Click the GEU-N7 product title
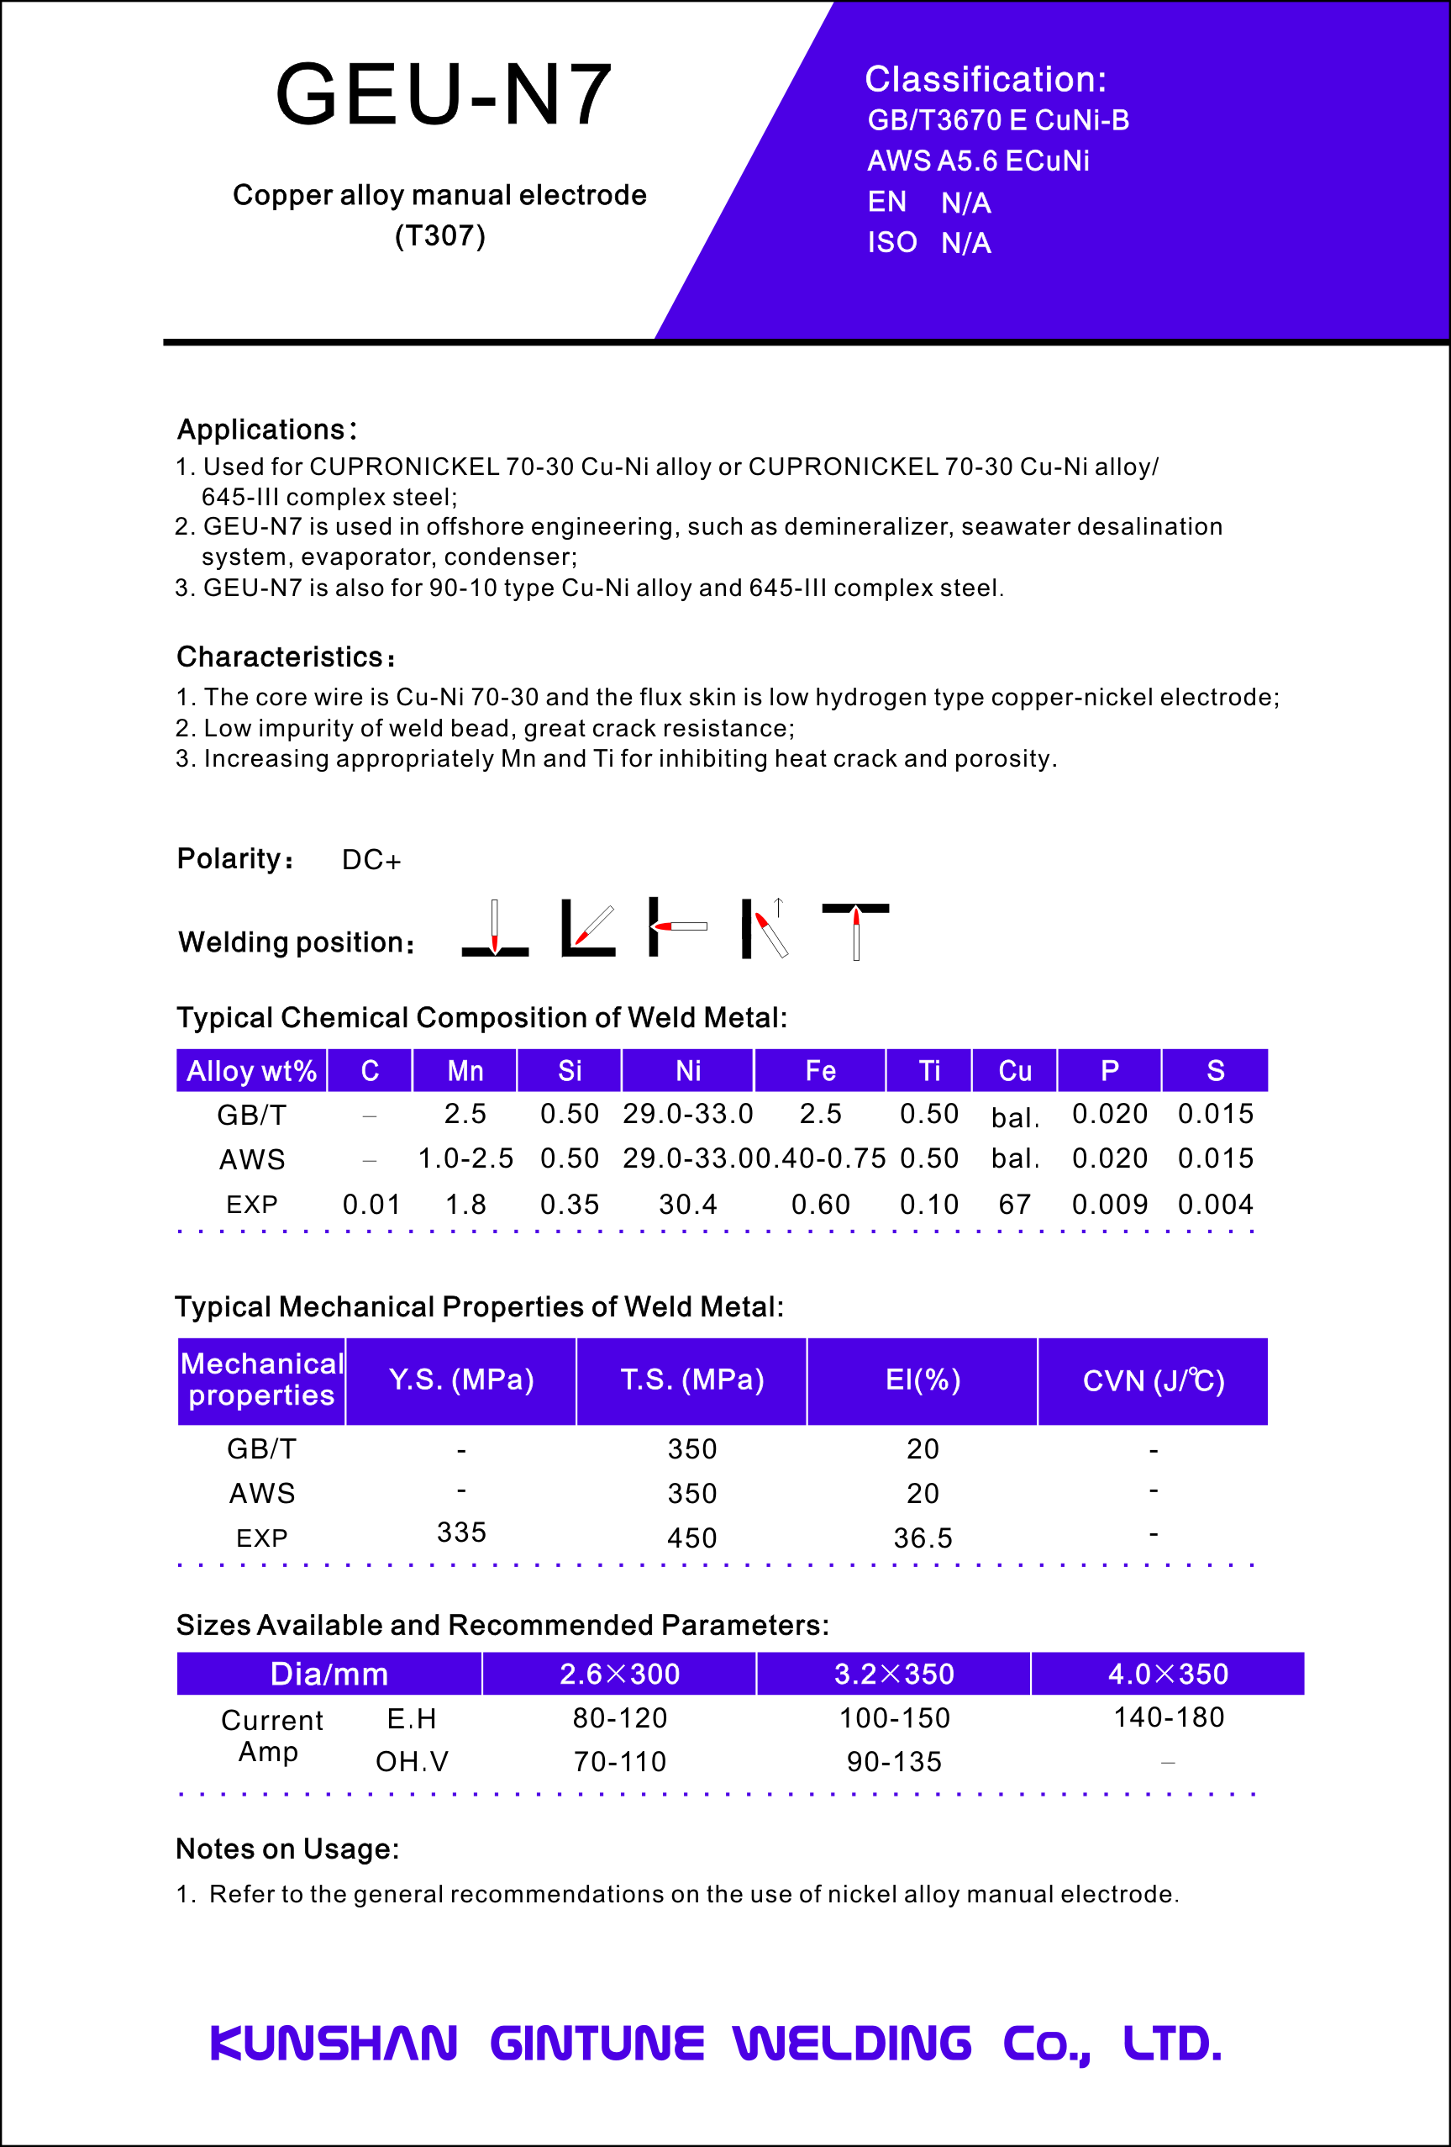(444, 94)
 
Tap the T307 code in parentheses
(439, 236)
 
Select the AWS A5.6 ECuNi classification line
(977, 161)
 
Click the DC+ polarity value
(371, 860)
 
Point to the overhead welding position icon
(855, 930)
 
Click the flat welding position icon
(495, 930)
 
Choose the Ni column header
(688, 1071)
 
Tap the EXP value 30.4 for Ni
(688, 1205)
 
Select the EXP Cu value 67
(1014, 1205)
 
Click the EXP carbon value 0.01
(371, 1205)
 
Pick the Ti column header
(929, 1071)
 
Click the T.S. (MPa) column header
(691, 1380)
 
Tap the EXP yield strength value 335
(461, 1532)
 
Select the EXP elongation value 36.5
(923, 1538)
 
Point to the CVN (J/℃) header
(1153, 1381)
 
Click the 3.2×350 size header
(893, 1674)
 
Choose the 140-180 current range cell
(1169, 1717)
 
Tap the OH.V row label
(412, 1762)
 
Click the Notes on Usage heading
(287, 1849)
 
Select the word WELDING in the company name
(852, 2044)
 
